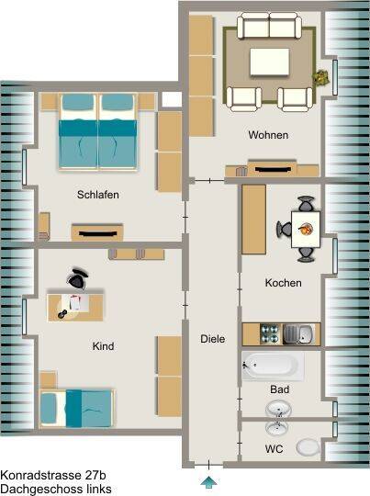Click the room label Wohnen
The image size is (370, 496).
(268, 135)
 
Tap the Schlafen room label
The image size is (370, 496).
(98, 195)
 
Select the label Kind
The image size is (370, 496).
(103, 346)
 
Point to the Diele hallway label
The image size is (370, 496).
(212, 339)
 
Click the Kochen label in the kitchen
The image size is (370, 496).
(283, 283)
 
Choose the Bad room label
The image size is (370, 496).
(279, 389)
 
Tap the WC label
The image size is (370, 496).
(274, 449)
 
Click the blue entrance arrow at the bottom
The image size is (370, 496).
(208, 482)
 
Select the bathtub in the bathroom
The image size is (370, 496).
(273, 366)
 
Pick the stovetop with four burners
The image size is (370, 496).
(270, 334)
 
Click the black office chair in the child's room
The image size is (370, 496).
(77, 278)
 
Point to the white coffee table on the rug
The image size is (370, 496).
(269, 62)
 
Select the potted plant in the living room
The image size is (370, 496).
(321, 77)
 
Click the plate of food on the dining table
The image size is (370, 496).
(306, 229)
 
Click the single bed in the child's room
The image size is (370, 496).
(77, 409)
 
